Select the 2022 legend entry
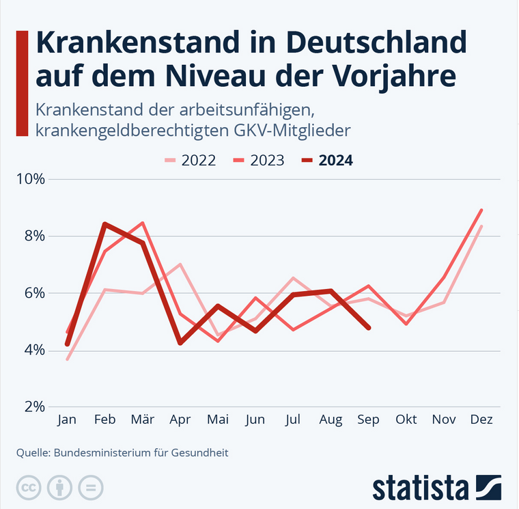[191, 161]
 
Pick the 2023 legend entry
[260, 161]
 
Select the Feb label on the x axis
[104, 419]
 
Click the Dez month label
[481, 419]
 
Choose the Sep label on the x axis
[368, 419]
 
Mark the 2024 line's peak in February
[104, 224]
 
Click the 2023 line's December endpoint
[481, 210]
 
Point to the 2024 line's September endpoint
[369, 328]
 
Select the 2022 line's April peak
[180, 264]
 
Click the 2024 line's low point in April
[180, 342]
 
